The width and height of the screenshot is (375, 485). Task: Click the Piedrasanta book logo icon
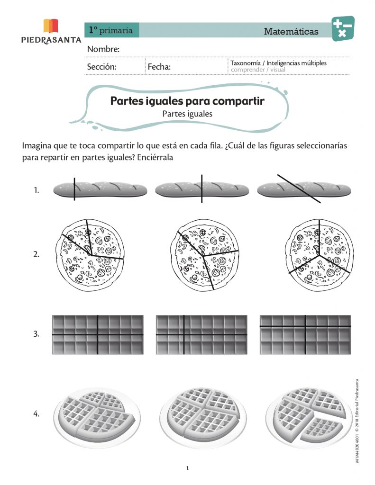(x=51, y=26)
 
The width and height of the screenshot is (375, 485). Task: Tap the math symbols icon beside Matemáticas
(x=342, y=28)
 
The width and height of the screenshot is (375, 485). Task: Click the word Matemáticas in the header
(x=291, y=32)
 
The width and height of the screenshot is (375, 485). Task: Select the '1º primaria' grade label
(x=111, y=30)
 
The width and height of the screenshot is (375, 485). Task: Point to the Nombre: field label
(x=103, y=50)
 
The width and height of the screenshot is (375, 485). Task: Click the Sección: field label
(x=101, y=67)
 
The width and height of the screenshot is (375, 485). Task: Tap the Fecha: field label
(x=159, y=67)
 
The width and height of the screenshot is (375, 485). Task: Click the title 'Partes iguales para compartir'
(x=187, y=101)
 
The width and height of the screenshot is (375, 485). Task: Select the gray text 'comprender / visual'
(x=258, y=70)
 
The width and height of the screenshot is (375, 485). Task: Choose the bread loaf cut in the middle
(x=201, y=189)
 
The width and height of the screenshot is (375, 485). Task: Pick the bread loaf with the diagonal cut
(x=303, y=189)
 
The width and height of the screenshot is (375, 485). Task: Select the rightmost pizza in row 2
(x=319, y=254)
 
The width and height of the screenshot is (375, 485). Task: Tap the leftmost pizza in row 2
(x=91, y=254)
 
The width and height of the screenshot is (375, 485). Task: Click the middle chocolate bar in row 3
(x=201, y=334)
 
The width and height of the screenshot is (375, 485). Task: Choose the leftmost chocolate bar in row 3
(x=98, y=334)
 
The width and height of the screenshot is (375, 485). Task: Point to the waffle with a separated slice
(x=306, y=415)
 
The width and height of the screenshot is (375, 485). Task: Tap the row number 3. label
(x=36, y=334)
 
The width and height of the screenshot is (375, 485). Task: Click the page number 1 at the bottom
(x=187, y=468)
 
